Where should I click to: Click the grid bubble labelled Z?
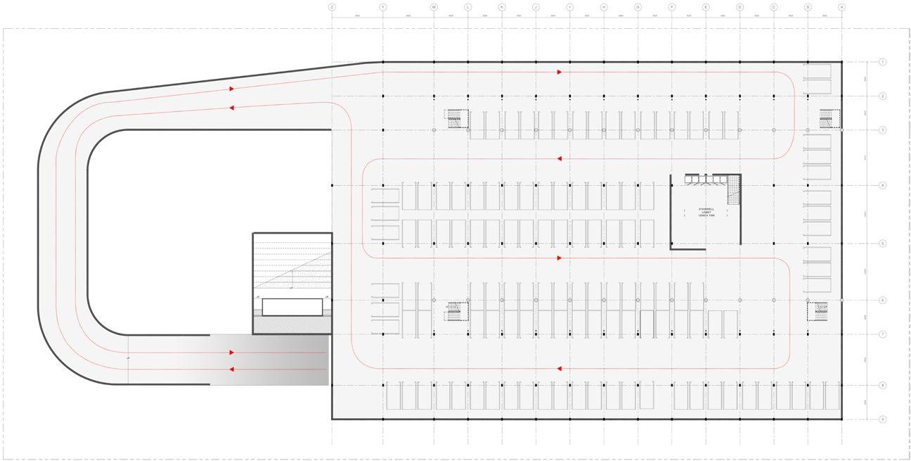pos(332,6)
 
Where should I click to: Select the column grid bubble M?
pos(434,6)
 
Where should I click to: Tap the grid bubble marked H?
pos(604,6)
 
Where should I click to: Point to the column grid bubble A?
pos(841,6)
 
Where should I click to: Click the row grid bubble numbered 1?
pos(883,62)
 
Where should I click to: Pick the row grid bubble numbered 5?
pos(883,244)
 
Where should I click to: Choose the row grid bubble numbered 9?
pos(883,419)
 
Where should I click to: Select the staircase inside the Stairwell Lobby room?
pos(734,189)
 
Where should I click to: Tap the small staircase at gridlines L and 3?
pos(457,118)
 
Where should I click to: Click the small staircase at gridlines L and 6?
pos(457,310)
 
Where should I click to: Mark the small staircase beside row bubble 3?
pos(829,118)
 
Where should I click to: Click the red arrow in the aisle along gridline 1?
pos(560,71)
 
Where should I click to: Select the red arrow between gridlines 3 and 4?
pos(559,159)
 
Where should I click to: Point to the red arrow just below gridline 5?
pos(560,258)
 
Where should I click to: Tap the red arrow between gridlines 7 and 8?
pos(559,368)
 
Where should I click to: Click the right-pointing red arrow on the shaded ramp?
pos(232,353)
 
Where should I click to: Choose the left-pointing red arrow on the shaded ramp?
pos(232,369)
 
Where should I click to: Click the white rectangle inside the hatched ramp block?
pos(292,307)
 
